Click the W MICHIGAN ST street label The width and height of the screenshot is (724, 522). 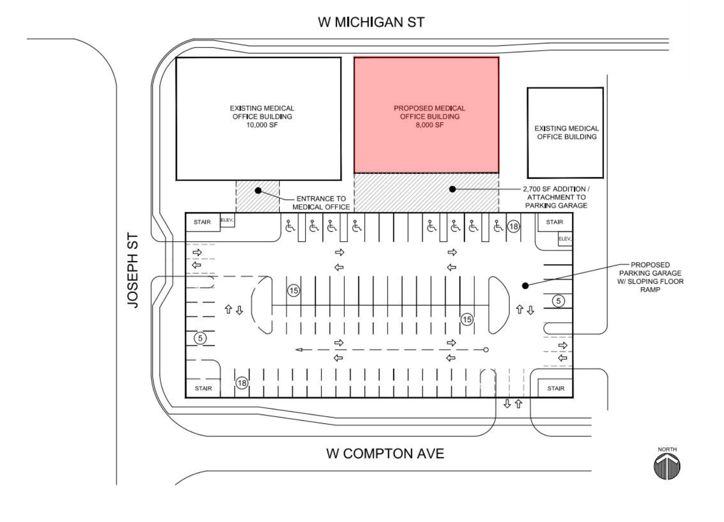(371, 22)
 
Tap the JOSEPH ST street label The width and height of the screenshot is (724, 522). (133, 270)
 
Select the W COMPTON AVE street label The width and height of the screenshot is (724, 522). (386, 454)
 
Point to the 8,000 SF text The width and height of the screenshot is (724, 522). (429, 125)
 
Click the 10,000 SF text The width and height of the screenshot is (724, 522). (262, 125)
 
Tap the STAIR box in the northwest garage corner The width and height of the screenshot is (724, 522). (203, 222)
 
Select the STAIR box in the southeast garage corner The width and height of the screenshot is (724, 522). (555, 388)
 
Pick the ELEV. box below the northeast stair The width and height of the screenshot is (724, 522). (565, 239)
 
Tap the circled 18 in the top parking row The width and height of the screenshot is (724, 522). (513, 227)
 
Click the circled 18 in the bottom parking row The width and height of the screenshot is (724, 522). (242, 383)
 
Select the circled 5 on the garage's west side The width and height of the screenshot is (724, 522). (200, 338)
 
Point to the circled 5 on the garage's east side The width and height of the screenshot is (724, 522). (558, 301)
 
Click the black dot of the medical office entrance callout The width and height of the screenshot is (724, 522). (258, 191)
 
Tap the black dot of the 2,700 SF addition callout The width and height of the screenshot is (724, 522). (452, 189)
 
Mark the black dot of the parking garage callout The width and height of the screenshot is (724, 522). (525, 286)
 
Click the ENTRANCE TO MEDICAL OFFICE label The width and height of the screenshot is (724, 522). (321, 203)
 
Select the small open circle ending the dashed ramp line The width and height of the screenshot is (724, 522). (486, 350)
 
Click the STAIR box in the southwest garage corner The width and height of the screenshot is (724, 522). (203, 388)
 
